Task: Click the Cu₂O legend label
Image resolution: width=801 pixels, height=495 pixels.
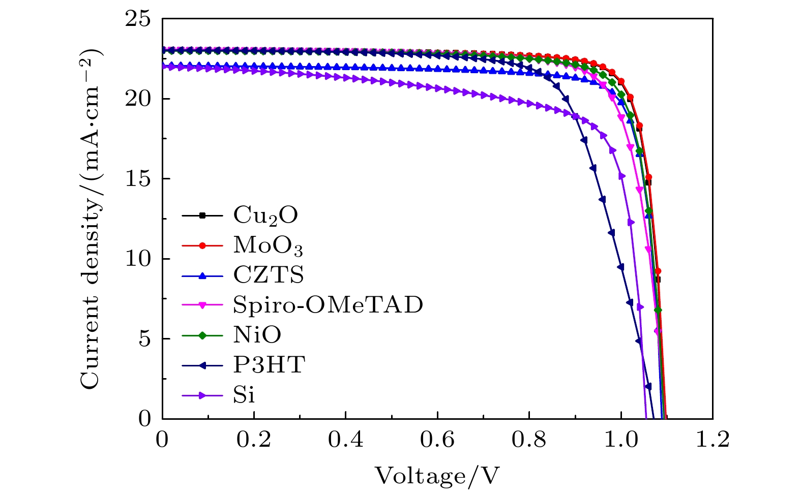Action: pos(265,215)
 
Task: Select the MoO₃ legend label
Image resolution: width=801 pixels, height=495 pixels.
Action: pos(268,245)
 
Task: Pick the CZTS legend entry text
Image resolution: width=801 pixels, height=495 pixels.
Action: pos(269,275)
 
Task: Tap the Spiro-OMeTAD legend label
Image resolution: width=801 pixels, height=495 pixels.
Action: pos(328,305)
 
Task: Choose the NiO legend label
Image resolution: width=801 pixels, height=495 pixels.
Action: pos(257,335)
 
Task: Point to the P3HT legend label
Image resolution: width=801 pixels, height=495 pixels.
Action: pos(269,365)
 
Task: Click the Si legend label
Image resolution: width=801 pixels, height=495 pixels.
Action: pos(244,395)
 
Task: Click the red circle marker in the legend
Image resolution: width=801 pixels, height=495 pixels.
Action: pos(202,245)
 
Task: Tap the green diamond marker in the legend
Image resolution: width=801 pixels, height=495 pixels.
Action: pos(202,335)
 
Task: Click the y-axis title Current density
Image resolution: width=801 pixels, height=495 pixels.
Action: pos(91,219)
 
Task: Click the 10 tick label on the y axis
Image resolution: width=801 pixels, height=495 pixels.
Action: pos(138,259)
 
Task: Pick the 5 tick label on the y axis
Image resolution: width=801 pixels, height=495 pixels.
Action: pos(144,339)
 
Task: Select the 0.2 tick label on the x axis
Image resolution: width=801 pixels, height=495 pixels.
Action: pos(254,440)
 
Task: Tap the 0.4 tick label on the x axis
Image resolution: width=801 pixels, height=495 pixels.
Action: pos(346,440)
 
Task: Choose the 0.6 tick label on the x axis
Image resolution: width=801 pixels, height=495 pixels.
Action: pos(437,440)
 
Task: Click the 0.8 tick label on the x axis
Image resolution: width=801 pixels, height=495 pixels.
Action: pos(529,440)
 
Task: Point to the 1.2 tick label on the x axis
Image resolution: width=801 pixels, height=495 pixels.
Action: pos(712,440)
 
